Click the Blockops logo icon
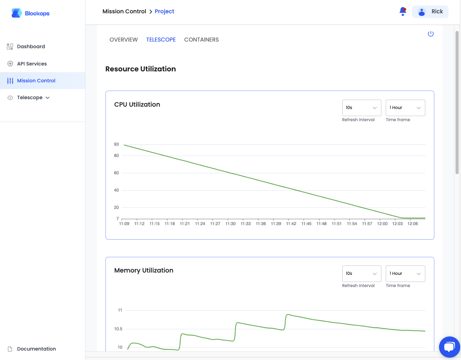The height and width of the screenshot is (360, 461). pyautogui.click(x=16, y=13)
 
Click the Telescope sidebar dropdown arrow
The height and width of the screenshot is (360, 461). pyautogui.click(x=48, y=98)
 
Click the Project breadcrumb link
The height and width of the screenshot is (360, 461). pyautogui.click(x=164, y=11)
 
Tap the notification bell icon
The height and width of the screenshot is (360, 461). pyautogui.click(x=403, y=11)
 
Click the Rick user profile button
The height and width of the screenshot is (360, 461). pyautogui.click(x=430, y=12)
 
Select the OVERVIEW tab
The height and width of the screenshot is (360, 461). pyautogui.click(x=123, y=40)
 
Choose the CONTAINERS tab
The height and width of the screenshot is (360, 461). pyautogui.click(x=201, y=40)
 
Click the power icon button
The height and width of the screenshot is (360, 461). pyautogui.click(x=431, y=34)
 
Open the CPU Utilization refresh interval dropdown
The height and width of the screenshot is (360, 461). pyautogui.click(x=361, y=107)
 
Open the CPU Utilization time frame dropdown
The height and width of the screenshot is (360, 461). pyautogui.click(x=405, y=107)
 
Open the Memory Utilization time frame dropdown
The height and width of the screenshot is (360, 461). pyautogui.click(x=405, y=274)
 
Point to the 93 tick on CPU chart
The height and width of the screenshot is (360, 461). pyautogui.click(x=116, y=144)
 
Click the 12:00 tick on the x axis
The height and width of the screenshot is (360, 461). pyautogui.click(x=382, y=224)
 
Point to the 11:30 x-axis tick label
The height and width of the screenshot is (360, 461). pyautogui.click(x=230, y=224)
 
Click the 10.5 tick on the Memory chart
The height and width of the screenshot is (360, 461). pyautogui.click(x=118, y=329)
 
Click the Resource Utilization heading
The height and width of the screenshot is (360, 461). pyautogui.click(x=140, y=69)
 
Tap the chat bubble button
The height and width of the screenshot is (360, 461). pyautogui.click(x=449, y=347)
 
